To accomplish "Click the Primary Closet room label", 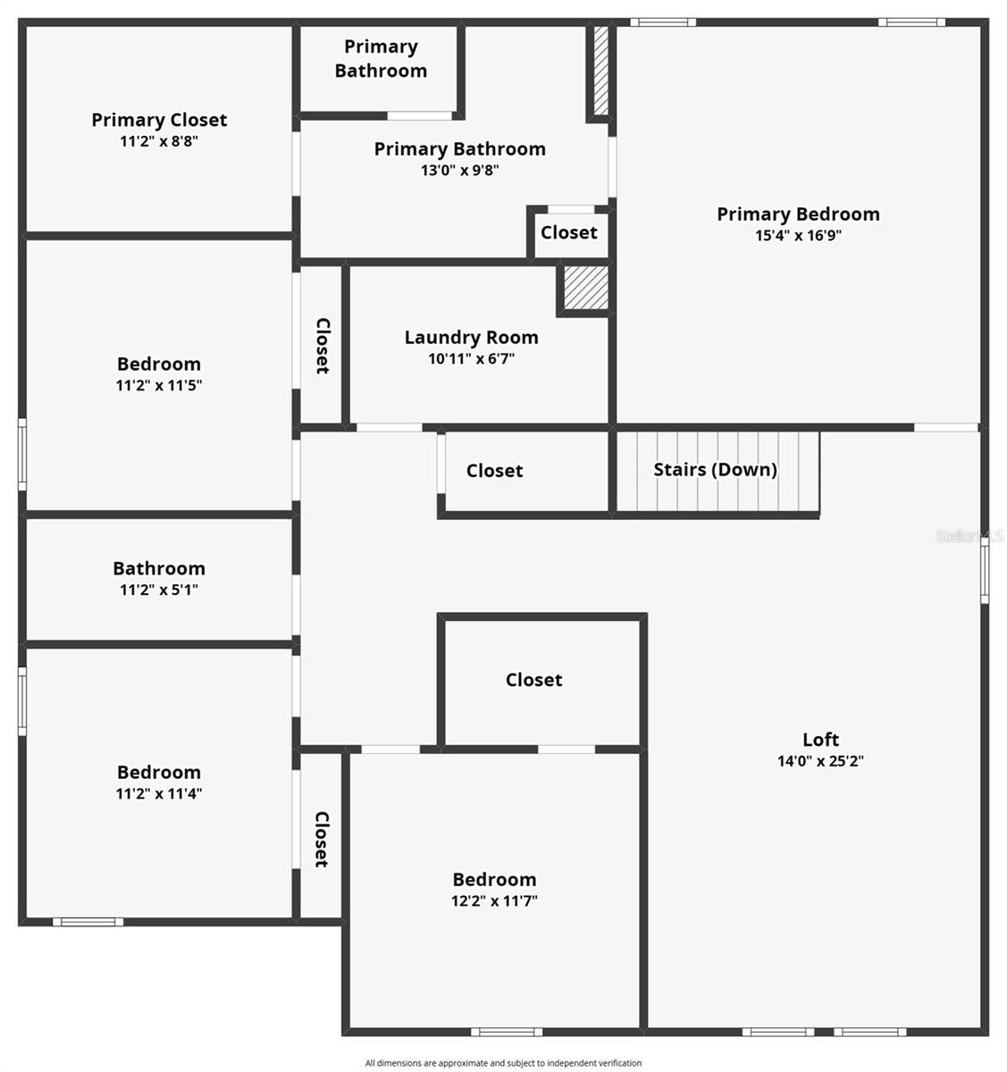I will click(x=159, y=120).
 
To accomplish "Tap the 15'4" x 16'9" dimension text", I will click(x=798, y=236).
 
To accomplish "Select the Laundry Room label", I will click(x=471, y=337).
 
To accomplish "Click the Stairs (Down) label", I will click(x=715, y=470).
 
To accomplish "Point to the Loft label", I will click(x=820, y=739).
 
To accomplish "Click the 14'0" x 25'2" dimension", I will click(x=820, y=761).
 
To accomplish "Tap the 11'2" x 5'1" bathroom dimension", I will click(x=159, y=590).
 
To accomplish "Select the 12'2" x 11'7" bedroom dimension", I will click(x=494, y=900).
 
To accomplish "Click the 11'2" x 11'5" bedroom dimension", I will click(x=159, y=386).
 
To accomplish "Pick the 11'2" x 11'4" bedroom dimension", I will click(x=159, y=793).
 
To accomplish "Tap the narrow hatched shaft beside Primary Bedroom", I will click(x=601, y=71).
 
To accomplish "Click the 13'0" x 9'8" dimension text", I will click(x=459, y=170).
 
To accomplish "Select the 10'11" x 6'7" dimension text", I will click(x=471, y=359).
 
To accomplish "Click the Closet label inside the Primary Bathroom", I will click(x=568, y=232).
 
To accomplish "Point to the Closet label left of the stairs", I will click(x=494, y=471).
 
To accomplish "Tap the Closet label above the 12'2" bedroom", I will click(x=533, y=680).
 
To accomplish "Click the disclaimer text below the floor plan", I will click(x=503, y=1063).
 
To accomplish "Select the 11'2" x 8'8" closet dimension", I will click(x=159, y=141).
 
